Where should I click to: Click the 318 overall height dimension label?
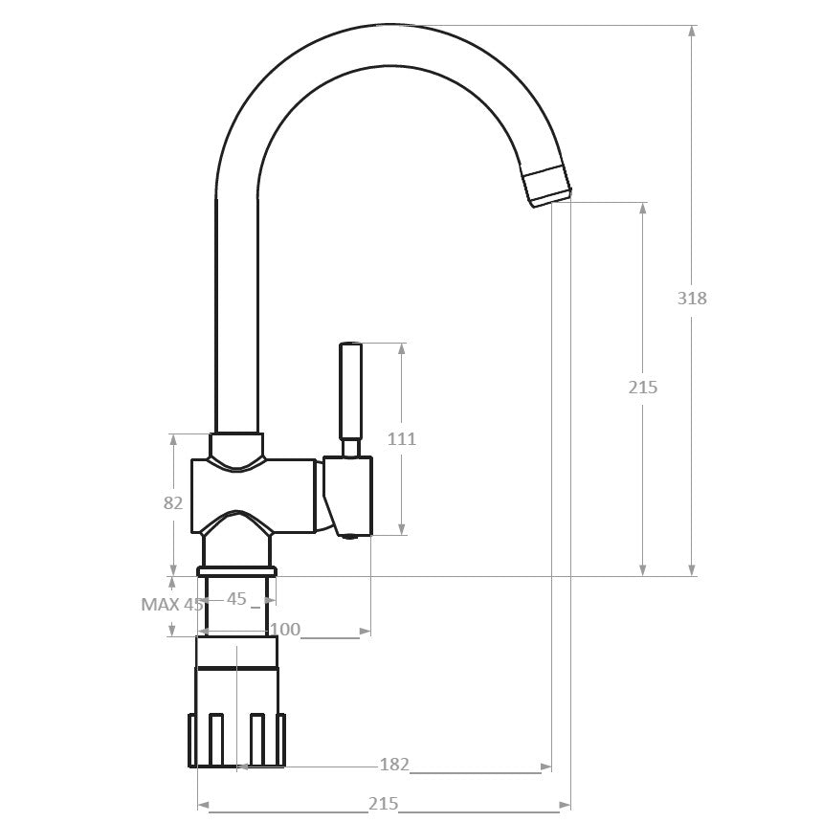(x=692, y=298)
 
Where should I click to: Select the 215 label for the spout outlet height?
(x=643, y=387)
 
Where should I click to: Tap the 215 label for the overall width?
(x=383, y=803)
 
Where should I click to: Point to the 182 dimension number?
(x=394, y=765)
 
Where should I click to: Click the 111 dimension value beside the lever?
(x=402, y=438)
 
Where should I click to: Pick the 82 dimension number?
(x=173, y=502)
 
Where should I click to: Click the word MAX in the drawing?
(x=161, y=605)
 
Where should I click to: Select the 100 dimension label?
(x=285, y=629)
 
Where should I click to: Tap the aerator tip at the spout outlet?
(x=545, y=185)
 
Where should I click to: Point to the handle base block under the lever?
(x=348, y=497)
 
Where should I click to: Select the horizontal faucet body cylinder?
(x=254, y=497)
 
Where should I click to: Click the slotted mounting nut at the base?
(x=237, y=741)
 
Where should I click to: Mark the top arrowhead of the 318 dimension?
(x=692, y=31)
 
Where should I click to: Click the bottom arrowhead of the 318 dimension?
(x=692, y=570)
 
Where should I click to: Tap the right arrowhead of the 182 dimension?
(x=545, y=767)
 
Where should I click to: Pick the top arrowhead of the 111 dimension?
(x=402, y=348)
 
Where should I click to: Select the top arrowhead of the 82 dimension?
(x=173, y=439)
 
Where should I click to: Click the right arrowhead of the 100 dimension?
(x=365, y=632)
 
